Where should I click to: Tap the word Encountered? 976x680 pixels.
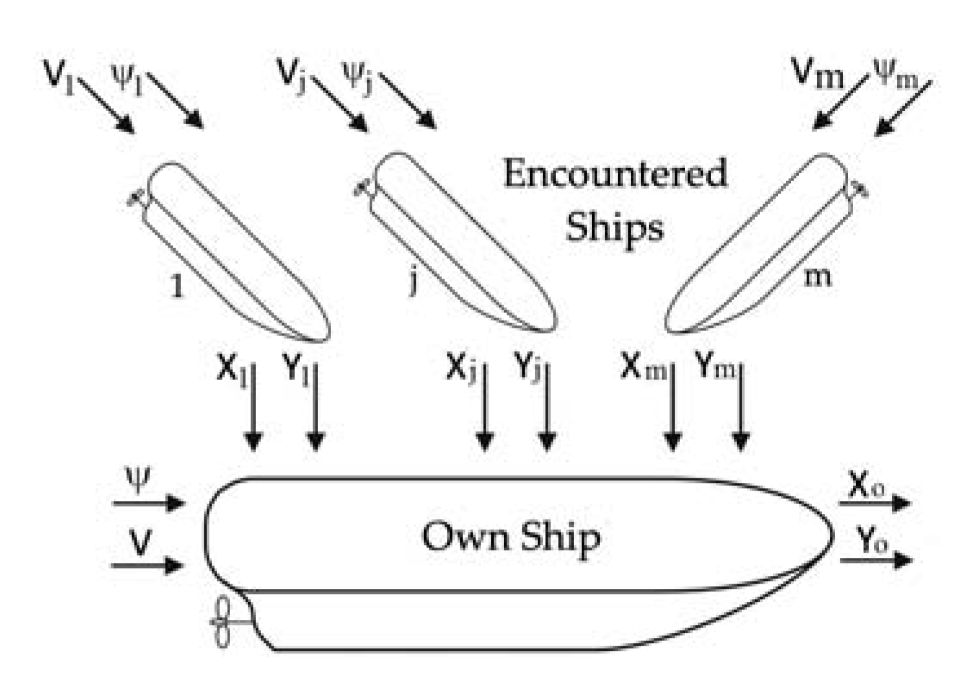615,173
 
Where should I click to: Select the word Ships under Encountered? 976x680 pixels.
615,228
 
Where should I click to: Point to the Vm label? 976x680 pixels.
818,74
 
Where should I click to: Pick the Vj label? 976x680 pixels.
292,74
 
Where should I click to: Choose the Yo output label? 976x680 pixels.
872,540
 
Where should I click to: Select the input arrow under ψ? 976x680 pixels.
149,502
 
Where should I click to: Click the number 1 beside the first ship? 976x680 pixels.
176,284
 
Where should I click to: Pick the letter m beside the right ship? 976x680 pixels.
817,277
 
